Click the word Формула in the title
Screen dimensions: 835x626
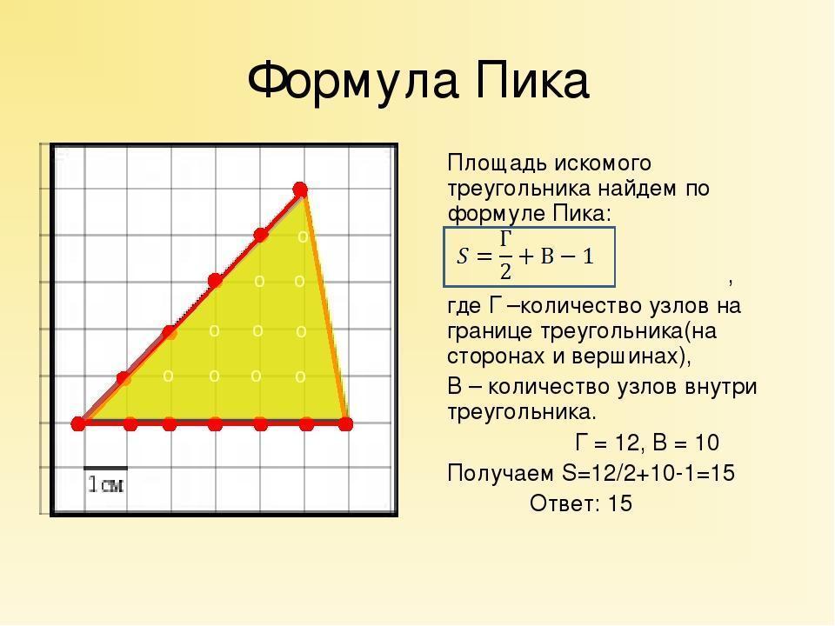pyautogui.click(x=352, y=81)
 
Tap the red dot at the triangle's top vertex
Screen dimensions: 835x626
pyautogui.click(x=300, y=190)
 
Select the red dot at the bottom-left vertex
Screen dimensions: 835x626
pyautogui.click(x=78, y=423)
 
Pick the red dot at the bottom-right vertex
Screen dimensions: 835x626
pyautogui.click(x=345, y=423)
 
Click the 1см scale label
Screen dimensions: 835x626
pyautogui.click(x=105, y=484)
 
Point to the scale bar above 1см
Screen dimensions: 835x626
pyautogui.click(x=105, y=469)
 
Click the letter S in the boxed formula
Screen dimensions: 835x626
pyautogui.click(x=462, y=257)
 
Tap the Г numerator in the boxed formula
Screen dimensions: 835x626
pyautogui.click(x=505, y=238)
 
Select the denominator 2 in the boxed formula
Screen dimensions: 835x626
pyautogui.click(x=505, y=272)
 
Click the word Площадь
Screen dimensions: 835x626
pyautogui.click(x=497, y=163)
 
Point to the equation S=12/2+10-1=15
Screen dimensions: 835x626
pyautogui.click(x=649, y=473)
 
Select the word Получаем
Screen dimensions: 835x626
pyautogui.click(x=501, y=473)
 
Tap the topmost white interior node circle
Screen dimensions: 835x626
pyautogui.click(x=303, y=236)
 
